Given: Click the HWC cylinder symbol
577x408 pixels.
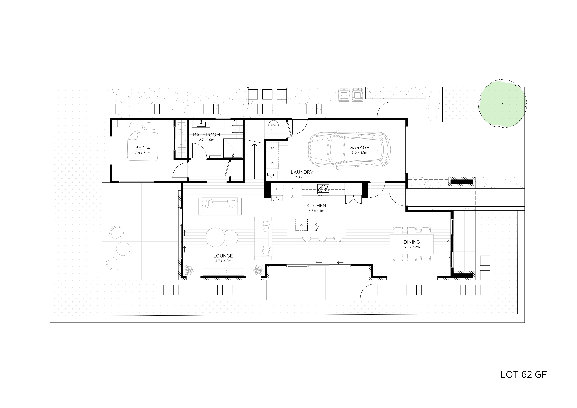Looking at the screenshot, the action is coord(273,125).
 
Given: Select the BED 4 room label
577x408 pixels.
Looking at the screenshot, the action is coord(142,148).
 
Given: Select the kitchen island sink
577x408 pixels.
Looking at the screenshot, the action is coord(316,224).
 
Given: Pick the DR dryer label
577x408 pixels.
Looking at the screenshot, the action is coord(272,148).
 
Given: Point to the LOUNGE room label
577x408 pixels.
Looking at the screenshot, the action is coord(223,256).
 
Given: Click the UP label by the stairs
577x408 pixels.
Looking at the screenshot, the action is coord(254,181).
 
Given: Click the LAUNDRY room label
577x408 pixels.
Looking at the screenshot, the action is coord(302,172).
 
